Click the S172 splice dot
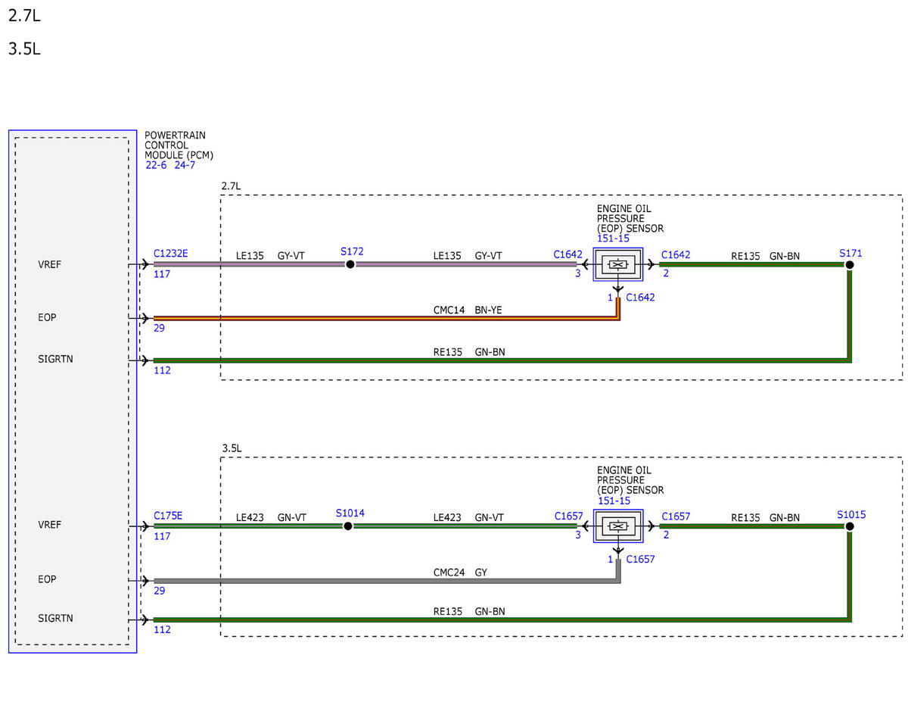click(350, 264)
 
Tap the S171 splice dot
click(849, 264)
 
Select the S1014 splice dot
click(347, 526)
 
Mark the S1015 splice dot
click(849, 526)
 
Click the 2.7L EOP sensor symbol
click(617, 264)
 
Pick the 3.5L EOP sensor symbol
click(617, 526)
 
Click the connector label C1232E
click(170, 254)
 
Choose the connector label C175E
click(167, 516)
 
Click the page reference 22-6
click(155, 165)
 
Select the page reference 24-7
click(185, 165)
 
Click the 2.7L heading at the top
click(24, 16)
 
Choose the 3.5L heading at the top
click(24, 49)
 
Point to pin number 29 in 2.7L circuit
click(159, 328)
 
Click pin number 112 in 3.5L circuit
click(162, 629)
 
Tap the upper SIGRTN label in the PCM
click(55, 359)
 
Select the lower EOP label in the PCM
click(47, 579)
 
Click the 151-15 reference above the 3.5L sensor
click(614, 501)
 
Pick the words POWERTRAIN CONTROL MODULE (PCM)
click(179, 145)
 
